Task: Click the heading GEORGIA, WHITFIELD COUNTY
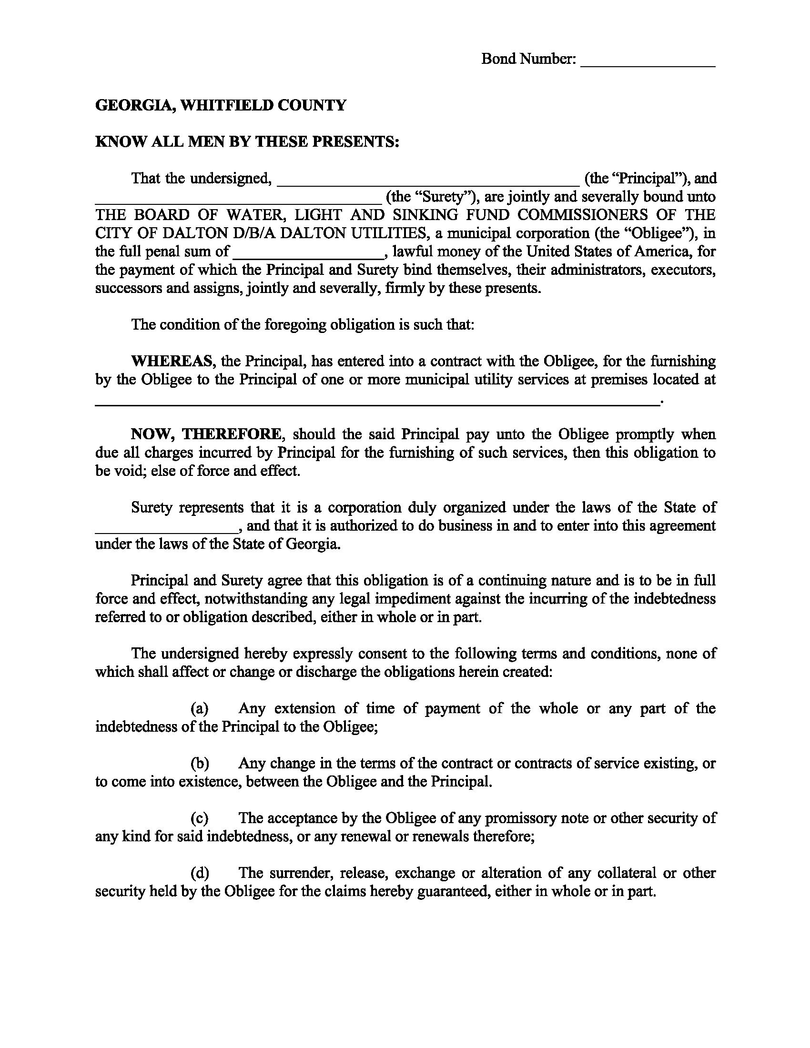[221, 105]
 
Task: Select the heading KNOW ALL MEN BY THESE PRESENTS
[247, 142]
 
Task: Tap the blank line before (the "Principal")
[428, 183]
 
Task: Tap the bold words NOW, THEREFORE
[207, 434]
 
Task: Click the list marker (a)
[199, 709]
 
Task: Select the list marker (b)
[199, 764]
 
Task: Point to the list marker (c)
[199, 818]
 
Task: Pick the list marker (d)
[199, 873]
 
